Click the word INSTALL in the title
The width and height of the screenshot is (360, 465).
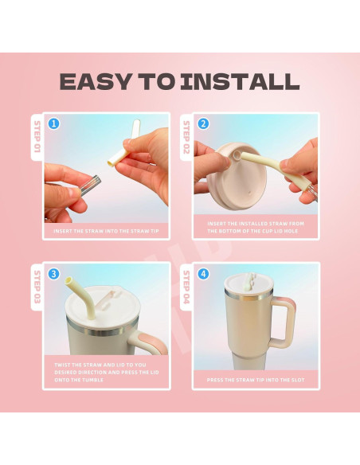[x=241, y=81]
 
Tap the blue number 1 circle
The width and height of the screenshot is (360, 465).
[x=53, y=123]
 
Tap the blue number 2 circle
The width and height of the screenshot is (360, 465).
[x=203, y=123]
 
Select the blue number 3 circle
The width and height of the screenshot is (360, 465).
[x=53, y=274]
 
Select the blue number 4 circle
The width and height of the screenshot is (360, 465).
[x=203, y=274]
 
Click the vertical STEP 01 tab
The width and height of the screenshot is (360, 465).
[x=37, y=137]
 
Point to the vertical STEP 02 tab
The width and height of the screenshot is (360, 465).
[x=186, y=137]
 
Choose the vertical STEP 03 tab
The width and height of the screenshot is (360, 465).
[x=37, y=287]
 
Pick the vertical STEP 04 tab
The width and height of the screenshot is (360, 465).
[x=186, y=287]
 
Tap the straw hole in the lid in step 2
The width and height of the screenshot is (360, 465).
[x=236, y=154]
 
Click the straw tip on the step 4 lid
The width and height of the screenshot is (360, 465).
[x=251, y=280]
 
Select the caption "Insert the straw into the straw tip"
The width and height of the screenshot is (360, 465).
[x=106, y=231]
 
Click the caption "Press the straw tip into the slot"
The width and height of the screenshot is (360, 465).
[x=256, y=380]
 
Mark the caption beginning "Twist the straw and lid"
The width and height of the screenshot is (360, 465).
[x=107, y=372]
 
